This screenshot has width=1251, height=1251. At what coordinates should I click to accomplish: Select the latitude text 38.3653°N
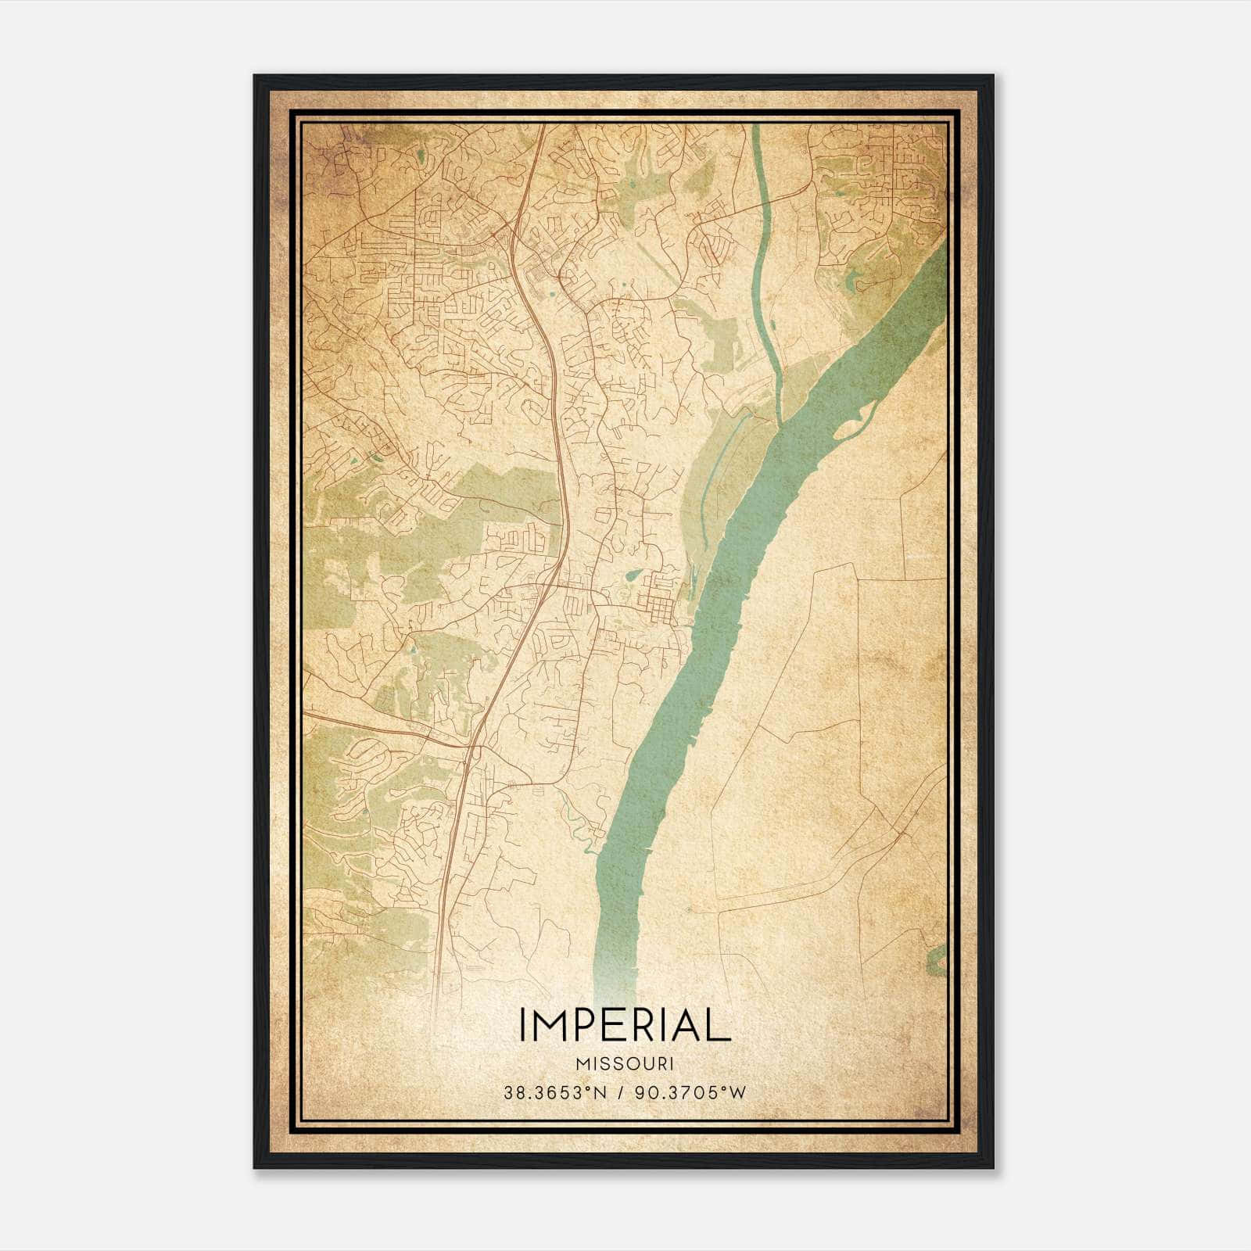555,1093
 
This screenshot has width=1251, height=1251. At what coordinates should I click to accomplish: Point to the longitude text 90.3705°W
688,1093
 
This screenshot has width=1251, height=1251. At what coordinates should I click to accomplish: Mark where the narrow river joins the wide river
780,423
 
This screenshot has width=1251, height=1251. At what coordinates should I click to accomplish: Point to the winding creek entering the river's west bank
582,821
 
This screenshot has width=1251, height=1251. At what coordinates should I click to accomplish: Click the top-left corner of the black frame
256,77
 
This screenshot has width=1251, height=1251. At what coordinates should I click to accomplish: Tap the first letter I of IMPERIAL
523,1025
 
